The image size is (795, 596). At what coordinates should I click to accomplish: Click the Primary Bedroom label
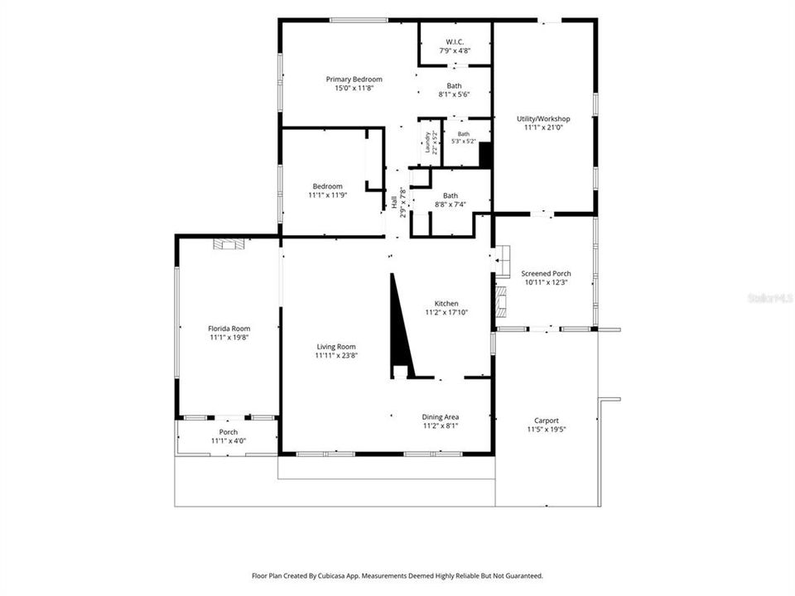[x=354, y=79]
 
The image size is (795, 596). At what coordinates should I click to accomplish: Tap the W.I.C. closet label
[x=455, y=42]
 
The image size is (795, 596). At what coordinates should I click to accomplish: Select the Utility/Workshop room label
[x=543, y=118]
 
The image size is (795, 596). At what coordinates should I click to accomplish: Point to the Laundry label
[x=428, y=142]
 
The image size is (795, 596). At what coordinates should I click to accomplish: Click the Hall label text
[x=394, y=202]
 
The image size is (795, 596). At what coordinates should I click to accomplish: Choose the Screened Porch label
[x=546, y=274]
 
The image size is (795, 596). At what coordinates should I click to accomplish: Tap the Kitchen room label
[x=446, y=304]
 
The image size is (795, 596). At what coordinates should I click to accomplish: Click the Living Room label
[x=336, y=347]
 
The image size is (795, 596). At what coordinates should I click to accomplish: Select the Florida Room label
[x=229, y=329]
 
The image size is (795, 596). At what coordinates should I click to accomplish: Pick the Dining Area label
[x=441, y=417]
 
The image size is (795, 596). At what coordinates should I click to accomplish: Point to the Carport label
[x=547, y=421]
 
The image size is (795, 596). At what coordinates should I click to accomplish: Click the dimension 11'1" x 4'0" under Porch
[x=229, y=441]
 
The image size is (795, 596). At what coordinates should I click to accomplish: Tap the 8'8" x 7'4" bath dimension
[x=450, y=204]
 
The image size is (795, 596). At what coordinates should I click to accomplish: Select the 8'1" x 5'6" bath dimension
[x=455, y=94]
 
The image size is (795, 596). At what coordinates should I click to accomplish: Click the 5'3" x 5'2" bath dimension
[x=464, y=142]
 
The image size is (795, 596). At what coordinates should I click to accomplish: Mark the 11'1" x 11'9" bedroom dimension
[x=328, y=195]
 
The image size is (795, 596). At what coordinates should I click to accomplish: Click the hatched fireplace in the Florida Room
[x=229, y=244]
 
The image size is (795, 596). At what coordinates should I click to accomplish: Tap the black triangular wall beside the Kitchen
[x=401, y=325]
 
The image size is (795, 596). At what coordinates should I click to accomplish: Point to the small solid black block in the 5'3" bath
[x=485, y=155]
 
